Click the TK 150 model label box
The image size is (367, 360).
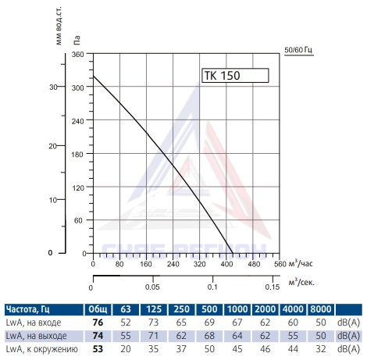click(x=235, y=76)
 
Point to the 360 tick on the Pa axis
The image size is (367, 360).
click(x=78, y=54)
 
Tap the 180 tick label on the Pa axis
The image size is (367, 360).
click(x=78, y=155)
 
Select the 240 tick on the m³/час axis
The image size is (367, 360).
click(x=173, y=264)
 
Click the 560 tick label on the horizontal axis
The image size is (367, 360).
click(x=280, y=264)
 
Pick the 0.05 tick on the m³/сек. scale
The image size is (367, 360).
click(x=152, y=287)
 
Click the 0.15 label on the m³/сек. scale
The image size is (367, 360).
click(x=273, y=287)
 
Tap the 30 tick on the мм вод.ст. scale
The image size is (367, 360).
click(x=53, y=87)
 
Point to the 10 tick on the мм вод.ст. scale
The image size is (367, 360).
click(x=53, y=200)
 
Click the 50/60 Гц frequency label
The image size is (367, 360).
click(x=298, y=50)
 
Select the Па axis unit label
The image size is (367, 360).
click(x=77, y=40)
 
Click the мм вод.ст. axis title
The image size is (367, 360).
click(x=59, y=26)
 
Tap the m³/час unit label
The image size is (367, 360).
click(x=301, y=263)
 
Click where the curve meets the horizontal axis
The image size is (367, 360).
click(x=233, y=253)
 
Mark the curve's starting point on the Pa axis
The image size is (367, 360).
click(x=94, y=76)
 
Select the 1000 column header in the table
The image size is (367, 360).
click(x=237, y=309)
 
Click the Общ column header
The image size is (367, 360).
click(x=98, y=309)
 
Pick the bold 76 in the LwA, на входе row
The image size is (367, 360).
click(x=98, y=323)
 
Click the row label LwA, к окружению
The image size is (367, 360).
click(x=41, y=349)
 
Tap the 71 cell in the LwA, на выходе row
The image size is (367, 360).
click(x=153, y=336)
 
